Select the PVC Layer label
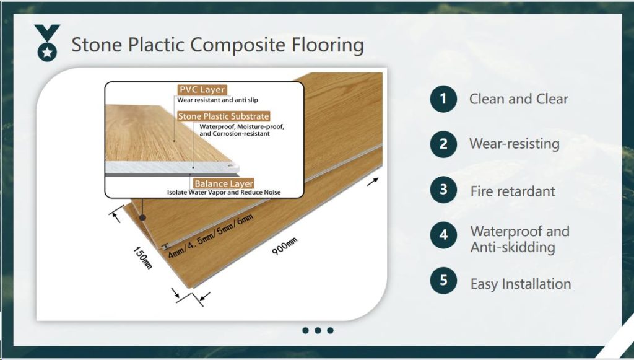point(202,90)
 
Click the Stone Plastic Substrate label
point(224,116)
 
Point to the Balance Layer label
point(224,183)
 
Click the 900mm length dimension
point(284,247)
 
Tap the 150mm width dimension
point(142,257)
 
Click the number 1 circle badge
point(443,99)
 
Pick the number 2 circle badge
point(443,144)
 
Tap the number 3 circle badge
point(443,190)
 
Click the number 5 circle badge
point(443,280)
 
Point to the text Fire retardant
point(513,191)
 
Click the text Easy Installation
point(521,284)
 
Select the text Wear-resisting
point(514,144)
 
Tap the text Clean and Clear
point(518,99)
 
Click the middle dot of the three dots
point(318,330)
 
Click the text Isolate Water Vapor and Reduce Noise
point(224,193)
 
